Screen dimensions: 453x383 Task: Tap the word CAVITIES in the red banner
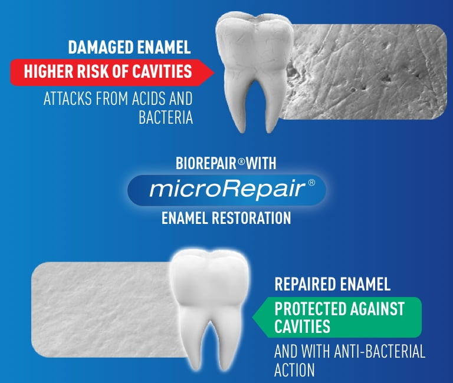point(162,71)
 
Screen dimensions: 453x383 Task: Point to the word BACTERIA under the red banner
point(166,117)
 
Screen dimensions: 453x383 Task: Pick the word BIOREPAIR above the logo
point(206,163)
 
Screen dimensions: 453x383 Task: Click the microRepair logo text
point(227,189)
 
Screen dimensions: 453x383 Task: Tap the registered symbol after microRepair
point(311,183)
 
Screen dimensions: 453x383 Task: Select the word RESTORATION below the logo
point(251,218)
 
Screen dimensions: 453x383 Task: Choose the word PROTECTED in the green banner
point(310,309)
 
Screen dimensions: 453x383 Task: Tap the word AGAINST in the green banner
point(377,309)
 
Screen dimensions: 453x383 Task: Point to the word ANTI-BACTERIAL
point(380,351)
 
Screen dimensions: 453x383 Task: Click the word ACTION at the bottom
point(294,369)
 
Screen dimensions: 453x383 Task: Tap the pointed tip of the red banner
point(214,72)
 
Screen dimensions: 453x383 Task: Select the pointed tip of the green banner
point(253,317)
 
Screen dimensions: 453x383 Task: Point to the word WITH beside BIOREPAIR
point(261,163)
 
